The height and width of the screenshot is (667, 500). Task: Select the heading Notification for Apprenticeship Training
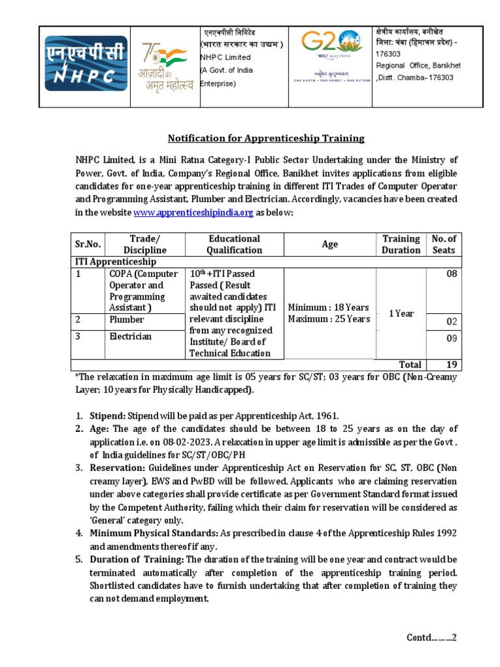(x=266, y=138)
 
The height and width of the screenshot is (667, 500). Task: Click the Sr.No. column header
(x=88, y=244)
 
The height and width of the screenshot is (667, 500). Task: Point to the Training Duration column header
(x=401, y=244)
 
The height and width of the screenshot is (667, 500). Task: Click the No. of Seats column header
(x=443, y=244)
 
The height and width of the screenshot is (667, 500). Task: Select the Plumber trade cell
(x=127, y=320)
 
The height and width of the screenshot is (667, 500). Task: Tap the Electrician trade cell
(x=130, y=336)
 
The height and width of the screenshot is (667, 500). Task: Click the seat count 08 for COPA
(x=451, y=274)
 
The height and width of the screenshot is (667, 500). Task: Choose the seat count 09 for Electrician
(x=451, y=339)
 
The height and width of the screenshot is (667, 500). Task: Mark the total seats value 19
(x=451, y=365)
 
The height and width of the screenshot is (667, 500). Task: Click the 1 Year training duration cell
(x=402, y=313)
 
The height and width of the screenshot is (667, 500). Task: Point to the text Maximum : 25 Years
(x=329, y=319)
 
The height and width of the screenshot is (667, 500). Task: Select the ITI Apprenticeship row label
(x=114, y=261)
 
